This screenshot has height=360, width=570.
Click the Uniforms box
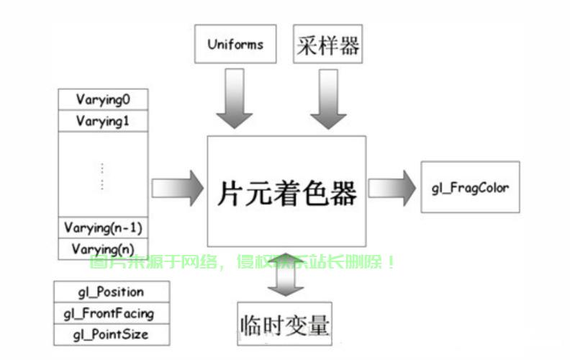tap(235, 44)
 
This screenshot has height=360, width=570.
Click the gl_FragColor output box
tap(469, 188)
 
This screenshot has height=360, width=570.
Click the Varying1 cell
tap(101, 121)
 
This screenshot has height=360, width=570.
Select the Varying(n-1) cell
tap(102, 228)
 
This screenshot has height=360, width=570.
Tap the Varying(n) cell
tap(102, 249)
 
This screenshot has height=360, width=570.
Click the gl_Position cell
tap(111, 292)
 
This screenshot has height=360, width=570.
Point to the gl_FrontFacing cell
tap(111, 313)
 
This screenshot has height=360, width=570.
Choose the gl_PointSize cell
tap(111, 335)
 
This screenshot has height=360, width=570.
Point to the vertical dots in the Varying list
tap(102, 176)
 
